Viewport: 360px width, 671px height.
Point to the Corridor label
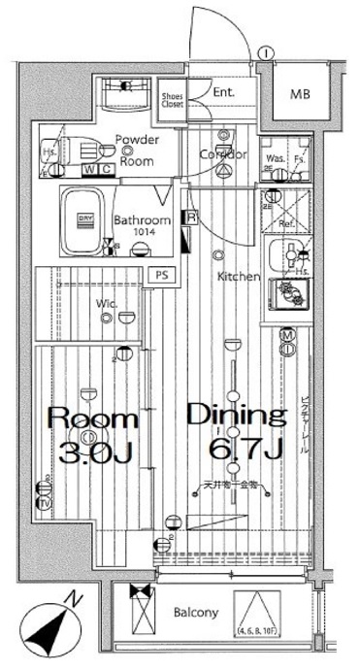pos(222,154)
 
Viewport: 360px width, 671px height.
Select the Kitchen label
pos(238,277)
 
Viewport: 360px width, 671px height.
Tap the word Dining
pos(237,417)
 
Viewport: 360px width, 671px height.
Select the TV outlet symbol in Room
pos(44,504)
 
